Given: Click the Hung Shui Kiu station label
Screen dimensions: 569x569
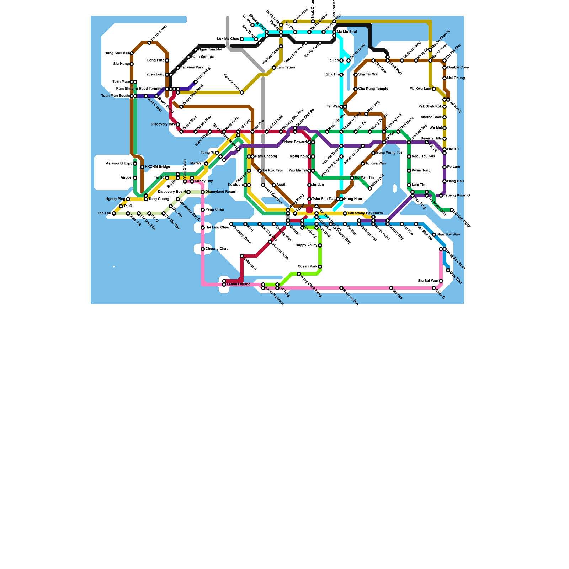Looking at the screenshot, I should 116,53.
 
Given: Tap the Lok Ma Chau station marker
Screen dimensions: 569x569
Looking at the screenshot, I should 242,39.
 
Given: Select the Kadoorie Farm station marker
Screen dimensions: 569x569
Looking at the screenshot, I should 242,92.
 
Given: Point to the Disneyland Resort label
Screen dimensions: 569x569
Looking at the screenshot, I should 221,192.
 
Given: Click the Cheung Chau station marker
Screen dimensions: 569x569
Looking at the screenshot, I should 203,249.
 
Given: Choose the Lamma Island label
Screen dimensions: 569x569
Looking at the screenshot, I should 239,284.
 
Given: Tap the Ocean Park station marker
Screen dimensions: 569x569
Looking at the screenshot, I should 320,267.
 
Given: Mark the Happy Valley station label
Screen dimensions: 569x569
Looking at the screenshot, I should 306,245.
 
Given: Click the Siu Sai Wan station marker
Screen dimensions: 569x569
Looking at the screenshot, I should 441,281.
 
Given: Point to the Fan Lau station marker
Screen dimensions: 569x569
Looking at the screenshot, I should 114,213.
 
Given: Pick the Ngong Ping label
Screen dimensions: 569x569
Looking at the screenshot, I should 115,199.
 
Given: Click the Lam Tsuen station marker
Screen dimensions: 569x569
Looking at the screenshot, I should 274,68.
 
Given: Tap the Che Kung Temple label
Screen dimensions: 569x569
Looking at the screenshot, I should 373,89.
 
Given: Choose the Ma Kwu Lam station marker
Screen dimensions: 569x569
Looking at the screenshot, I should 434,89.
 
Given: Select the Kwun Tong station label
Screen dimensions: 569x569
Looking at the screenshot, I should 421,171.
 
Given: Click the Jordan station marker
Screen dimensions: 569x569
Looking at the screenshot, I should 309,185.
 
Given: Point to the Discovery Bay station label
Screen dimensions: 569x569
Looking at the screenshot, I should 163,124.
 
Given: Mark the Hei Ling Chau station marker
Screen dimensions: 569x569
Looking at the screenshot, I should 203,228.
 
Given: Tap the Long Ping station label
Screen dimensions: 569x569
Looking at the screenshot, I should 155,60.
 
